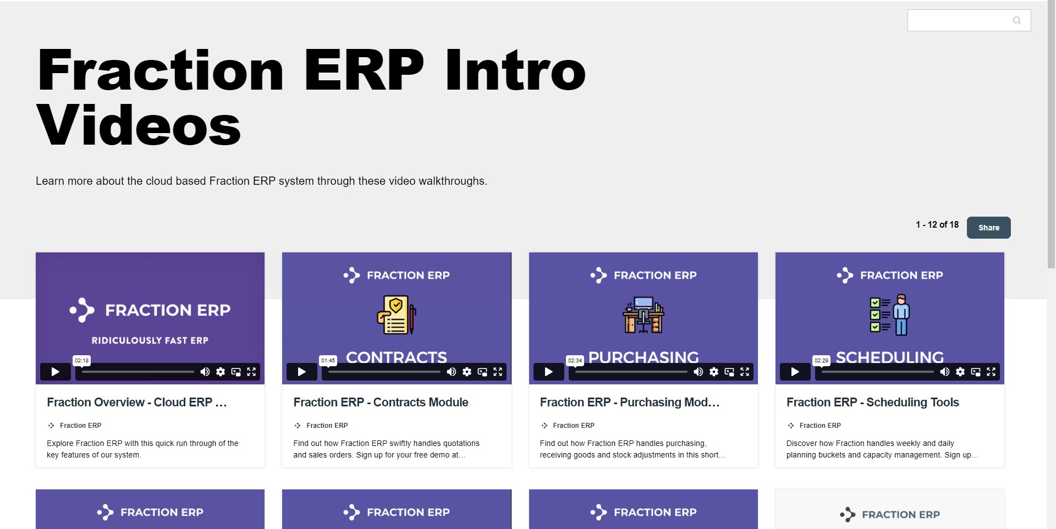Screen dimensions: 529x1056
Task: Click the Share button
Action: click(988, 228)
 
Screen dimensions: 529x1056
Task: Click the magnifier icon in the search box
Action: click(1016, 20)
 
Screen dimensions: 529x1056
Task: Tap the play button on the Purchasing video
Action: click(548, 372)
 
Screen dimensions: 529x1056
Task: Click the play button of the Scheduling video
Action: click(795, 372)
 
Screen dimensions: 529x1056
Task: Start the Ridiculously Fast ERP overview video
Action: click(55, 372)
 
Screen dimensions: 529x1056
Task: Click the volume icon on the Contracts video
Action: click(452, 372)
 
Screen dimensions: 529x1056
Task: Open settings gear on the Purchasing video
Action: click(714, 372)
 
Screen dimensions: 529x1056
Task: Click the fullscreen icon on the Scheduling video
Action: click(991, 372)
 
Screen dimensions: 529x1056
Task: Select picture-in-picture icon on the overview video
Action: click(236, 372)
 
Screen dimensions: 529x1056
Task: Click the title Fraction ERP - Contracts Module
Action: click(381, 402)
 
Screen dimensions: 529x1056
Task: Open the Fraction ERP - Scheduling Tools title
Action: click(872, 402)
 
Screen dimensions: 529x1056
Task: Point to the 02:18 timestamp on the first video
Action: click(81, 361)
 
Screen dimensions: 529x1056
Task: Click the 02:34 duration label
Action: click(575, 361)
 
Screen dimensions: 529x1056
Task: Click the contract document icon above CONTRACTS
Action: click(396, 315)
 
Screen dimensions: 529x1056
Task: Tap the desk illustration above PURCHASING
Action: click(643, 315)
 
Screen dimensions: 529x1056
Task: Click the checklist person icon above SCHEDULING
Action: click(889, 315)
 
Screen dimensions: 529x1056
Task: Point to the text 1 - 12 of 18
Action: click(937, 224)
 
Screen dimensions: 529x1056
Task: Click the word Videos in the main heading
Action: click(139, 126)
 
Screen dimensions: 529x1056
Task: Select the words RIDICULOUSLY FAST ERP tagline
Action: click(150, 340)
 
